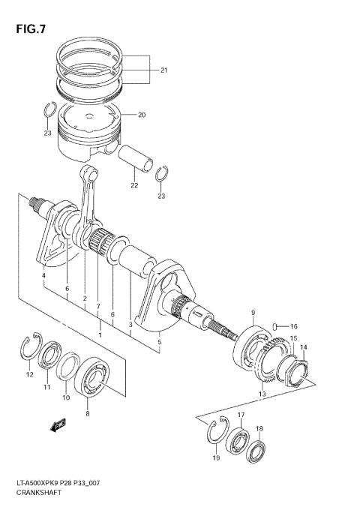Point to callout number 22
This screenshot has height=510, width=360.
(134, 187)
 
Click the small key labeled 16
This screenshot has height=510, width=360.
(277, 325)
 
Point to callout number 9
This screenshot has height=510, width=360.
(253, 313)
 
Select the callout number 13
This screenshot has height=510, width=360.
(261, 394)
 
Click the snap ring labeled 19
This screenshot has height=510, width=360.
(215, 434)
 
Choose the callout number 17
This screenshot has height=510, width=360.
(241, 415)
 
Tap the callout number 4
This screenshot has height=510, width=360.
(43, 276)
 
